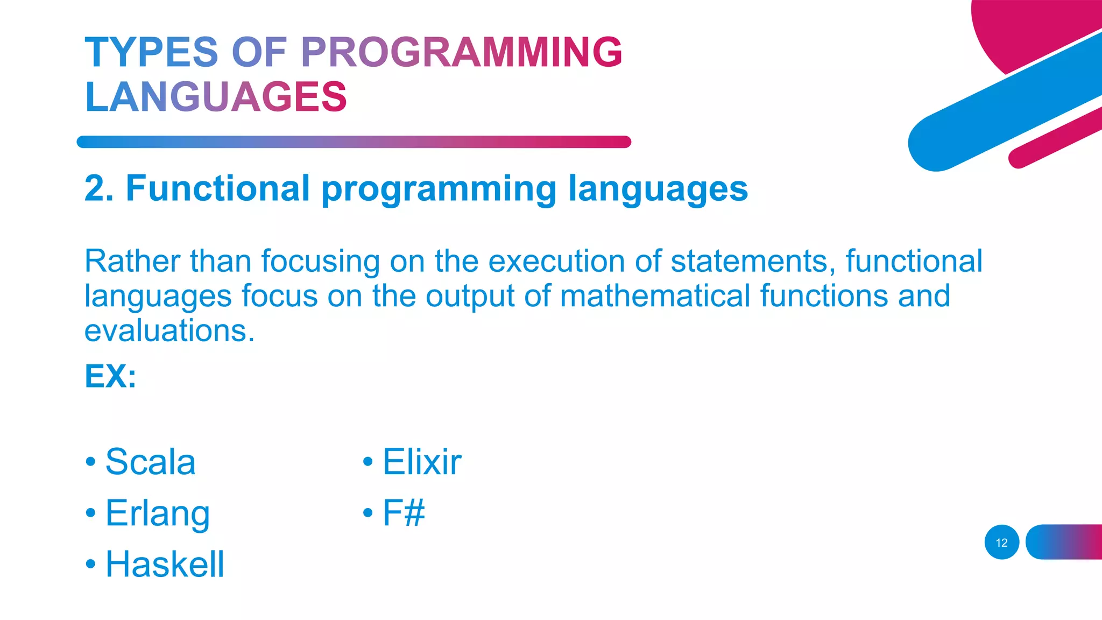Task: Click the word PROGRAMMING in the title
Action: click(x=461, y=52)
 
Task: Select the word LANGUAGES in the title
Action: click(x=216, y=97)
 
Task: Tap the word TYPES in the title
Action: click(x=151, y=52)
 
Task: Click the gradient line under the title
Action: click(x=354, y=142)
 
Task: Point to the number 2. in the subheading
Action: click(x=99, y=188)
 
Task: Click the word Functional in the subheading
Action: click(x=218, y=188)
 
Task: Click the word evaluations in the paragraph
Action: click(x=169, y=330)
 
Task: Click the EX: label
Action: click(x=110, y=376)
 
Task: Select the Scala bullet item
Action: click(x=150, y=462)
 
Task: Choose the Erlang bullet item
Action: click(x=157, y=513)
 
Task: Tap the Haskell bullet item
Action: click(x=165, y=564)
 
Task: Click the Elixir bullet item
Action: click(x=422, y=462)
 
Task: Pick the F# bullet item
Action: click(x=404, y=512)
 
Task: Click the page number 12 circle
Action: click(x=1001, y=542)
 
